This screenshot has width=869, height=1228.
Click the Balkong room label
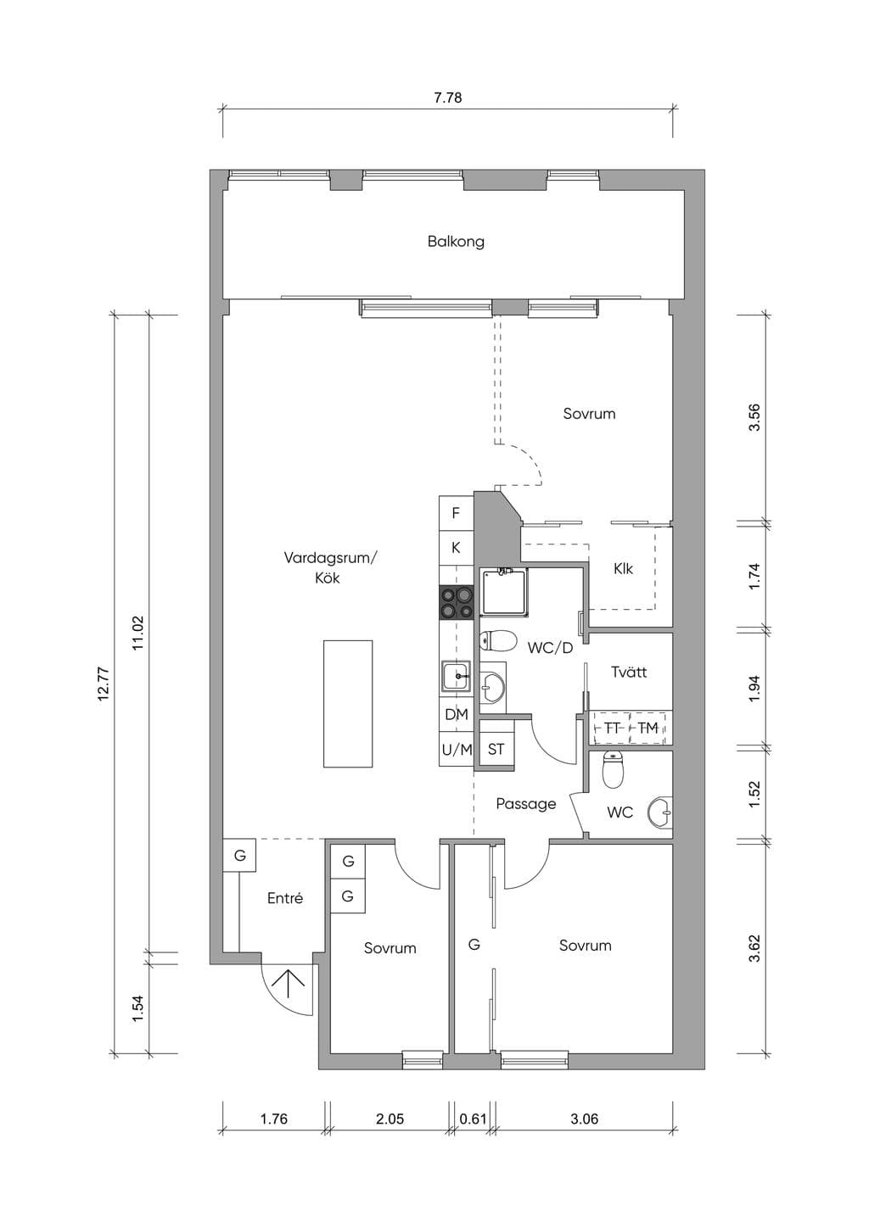pyautogui.click(x=456, y=242)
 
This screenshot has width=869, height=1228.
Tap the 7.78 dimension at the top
pyautogui.click(x=448, y=98)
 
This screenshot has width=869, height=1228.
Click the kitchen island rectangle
pyautogui.click(x=348, y=704)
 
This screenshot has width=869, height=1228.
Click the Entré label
pyautogui.click(x=285, y=898)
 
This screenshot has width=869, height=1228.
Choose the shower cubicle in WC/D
pyautogui.click(x=505, y=591)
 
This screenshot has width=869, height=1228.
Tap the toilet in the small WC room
pyautogui.click(x=614, y=770)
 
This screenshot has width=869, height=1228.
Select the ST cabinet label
pyautogui.click(x=496, y=750)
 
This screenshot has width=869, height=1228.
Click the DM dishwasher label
pyautogui.click(x=457, y=714)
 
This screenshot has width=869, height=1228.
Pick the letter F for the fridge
pyautogui.click(x=456, y=514)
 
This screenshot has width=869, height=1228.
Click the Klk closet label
pyautogui.click(x=623, y=568)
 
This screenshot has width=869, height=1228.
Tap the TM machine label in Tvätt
pyautogui.click(x=648, y=728)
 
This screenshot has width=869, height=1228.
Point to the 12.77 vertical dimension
pyautogui.click(x=104, y=684)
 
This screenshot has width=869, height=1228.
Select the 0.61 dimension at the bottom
pyautogui.click(x=473, y=1119)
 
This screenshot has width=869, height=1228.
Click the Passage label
pyautogui.click(x=526, y=804)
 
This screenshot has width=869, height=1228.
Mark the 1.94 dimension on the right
pyautogui.click(x=755, y=690)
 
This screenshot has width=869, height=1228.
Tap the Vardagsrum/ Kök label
pyautogui.click(x=330, y=568)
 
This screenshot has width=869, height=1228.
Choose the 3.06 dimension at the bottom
pyautogui.click(x=584, y=1119)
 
